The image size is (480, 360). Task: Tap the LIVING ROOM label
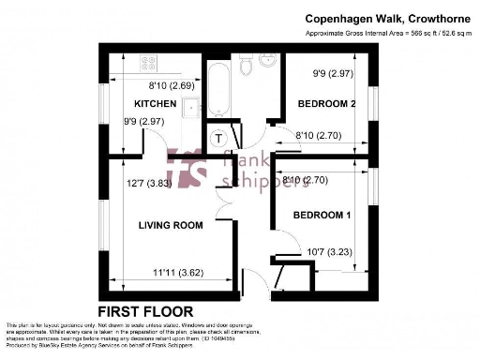coord(171,225)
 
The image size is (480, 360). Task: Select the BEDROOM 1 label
coord(322,216)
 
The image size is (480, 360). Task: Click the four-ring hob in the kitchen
coord(149,64)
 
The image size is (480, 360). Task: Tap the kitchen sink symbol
coord(191,108)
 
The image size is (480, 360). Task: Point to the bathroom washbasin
coord(266,63)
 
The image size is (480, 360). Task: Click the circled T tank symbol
coord(218,139)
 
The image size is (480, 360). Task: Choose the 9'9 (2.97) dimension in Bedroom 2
coord(333,72)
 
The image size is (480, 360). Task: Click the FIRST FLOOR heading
coord(145,311)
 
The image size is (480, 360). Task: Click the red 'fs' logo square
coord(187,166)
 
